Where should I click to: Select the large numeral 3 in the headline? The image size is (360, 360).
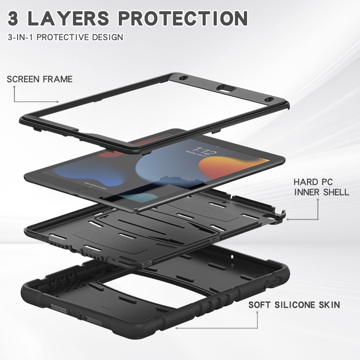18,18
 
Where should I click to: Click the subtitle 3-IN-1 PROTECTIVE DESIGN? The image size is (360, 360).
65,37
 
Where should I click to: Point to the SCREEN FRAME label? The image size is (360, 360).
40,80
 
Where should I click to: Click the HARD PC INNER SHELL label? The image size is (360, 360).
321,187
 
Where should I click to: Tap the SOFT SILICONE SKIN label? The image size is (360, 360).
294,305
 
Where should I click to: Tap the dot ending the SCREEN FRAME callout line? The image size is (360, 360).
58,102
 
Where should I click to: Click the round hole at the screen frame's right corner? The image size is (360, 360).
269,99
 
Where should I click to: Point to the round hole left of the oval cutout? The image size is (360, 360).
183,79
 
